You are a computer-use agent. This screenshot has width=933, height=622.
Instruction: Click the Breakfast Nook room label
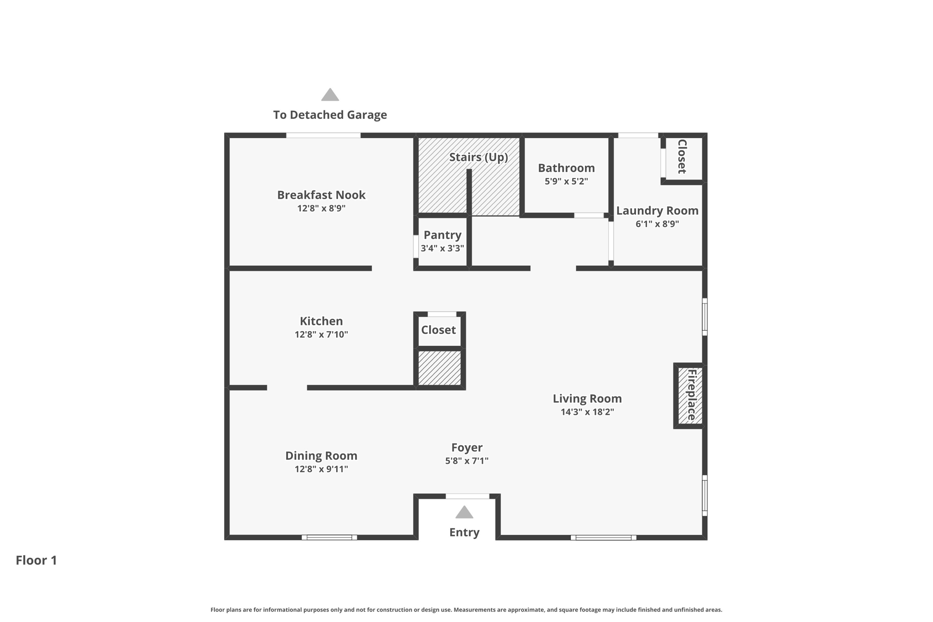click(x=321, y=195)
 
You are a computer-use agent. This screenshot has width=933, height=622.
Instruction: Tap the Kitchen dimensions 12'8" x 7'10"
click(x=321, y=334)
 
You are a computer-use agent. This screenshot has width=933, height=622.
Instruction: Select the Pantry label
click(x=442, y=235)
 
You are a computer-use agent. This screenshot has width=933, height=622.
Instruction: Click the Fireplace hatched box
click(x=690, y=396)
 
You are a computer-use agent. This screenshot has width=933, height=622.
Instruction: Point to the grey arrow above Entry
click(x=464, y=513)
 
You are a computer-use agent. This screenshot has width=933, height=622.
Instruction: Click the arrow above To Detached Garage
click(x=330, y=95)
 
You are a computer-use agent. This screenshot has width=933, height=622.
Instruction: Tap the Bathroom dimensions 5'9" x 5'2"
click(x=566, y=181)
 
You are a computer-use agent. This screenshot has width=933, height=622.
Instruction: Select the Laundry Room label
click(x=657, y=211)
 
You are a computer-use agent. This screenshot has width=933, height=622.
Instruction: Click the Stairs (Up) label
click(x=478, y=157)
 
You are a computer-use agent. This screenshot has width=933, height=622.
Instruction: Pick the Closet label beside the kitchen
click(x=438, y=330)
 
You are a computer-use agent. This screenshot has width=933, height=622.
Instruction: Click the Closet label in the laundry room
click(x=682, y=157)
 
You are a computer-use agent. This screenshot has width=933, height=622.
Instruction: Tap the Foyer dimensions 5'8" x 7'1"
click(x=466, y=461)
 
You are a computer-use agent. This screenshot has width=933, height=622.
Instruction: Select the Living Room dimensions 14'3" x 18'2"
click(x=587, y=412)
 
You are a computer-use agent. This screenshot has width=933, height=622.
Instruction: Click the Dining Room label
click(x=321, y=456)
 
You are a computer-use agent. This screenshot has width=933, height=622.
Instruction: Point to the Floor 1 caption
click(x=36, y=560)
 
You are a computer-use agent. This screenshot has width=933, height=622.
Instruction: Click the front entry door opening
click(x=467, y=496)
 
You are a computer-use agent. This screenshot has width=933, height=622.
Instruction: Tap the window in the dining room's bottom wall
click(x=329, y=538)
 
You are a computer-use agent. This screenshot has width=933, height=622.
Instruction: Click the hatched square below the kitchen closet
click(x=439, y=368)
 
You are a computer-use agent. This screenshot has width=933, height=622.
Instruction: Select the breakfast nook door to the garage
click(x=323, y=135)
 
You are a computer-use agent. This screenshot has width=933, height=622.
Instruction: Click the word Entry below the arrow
click(x=464, y=532)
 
